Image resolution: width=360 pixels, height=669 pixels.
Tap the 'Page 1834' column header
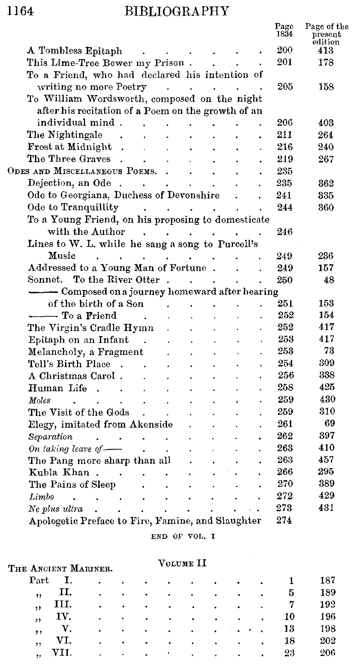[x=284, y=30]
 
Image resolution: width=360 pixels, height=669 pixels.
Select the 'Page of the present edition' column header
[x=327, y=34]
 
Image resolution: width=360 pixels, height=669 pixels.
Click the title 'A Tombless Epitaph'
[x=75, y=51]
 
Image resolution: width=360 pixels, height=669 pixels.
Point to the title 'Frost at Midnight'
[x=69, y=147]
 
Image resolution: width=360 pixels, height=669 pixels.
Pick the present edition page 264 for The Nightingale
[x=326, y=135]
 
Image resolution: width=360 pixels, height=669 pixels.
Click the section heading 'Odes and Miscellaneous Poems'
[x=82, y=171]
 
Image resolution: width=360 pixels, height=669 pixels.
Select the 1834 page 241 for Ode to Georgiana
[x=284, y=195]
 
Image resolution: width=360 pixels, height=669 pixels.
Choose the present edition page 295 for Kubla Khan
[x=326, y=472]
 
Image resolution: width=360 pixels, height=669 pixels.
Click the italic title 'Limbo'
[x=41, y=497]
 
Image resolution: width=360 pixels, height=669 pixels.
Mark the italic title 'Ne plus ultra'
[x=55, y=509]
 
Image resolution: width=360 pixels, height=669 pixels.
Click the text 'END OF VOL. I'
[x=183, y=536]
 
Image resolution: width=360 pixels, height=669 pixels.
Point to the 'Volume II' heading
[x=182, y=563]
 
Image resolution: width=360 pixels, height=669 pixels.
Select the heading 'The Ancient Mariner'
[x=60, y=569]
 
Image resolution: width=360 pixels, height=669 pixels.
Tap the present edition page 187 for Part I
[x=327, y=580]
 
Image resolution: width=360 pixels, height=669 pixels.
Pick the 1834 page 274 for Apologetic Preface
[x=284, y=521]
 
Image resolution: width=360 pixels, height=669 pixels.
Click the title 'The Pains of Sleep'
[x=72, y=485]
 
